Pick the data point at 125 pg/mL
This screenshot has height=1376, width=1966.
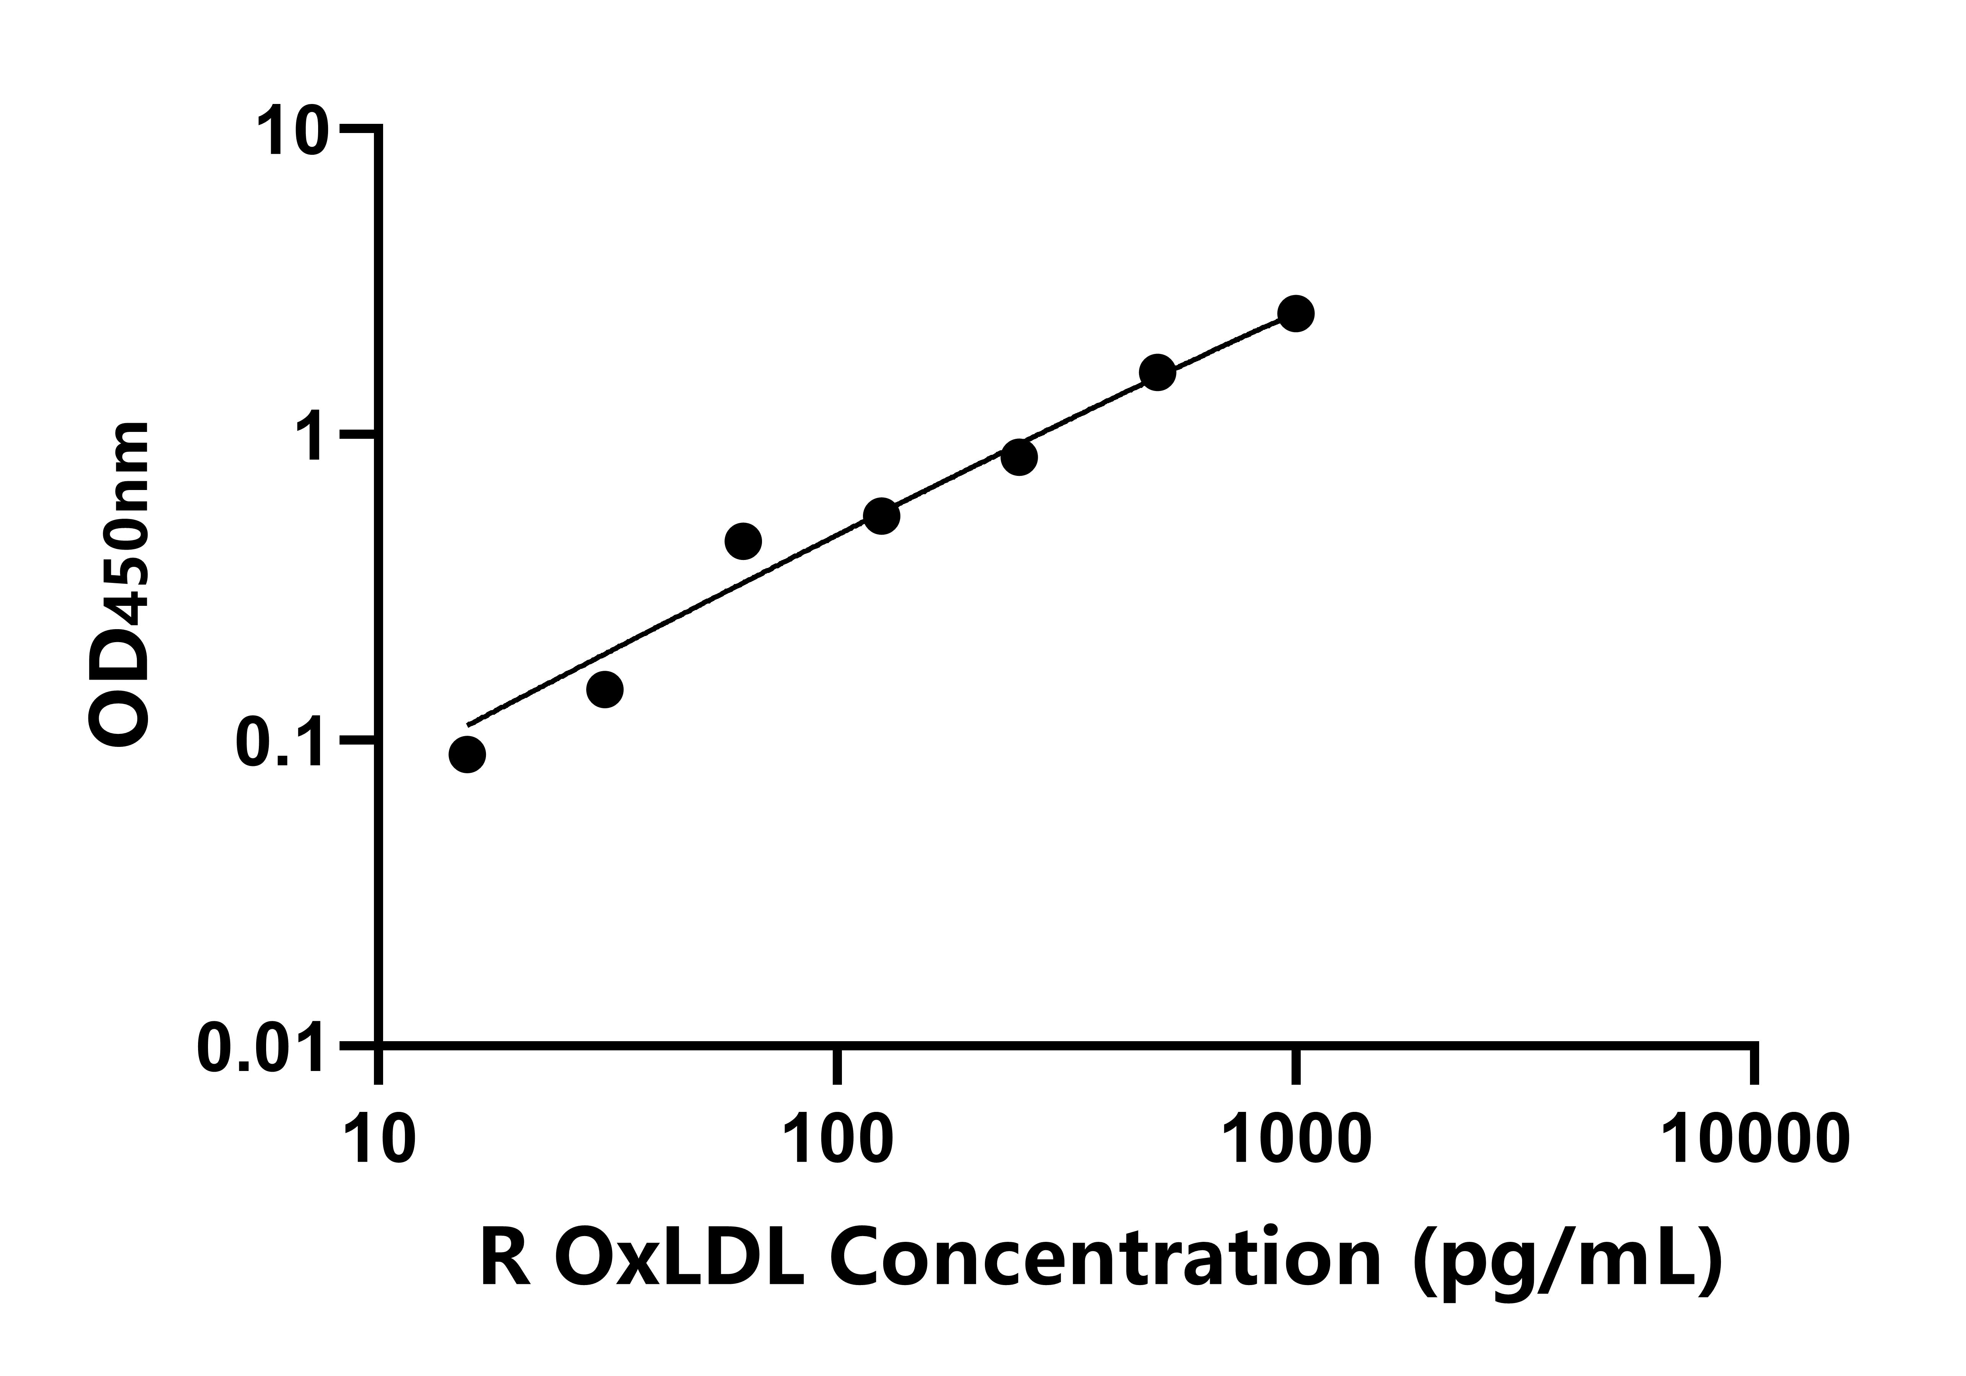click(x=881, y=516)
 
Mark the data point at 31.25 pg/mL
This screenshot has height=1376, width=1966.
click(x=604, y=689)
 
